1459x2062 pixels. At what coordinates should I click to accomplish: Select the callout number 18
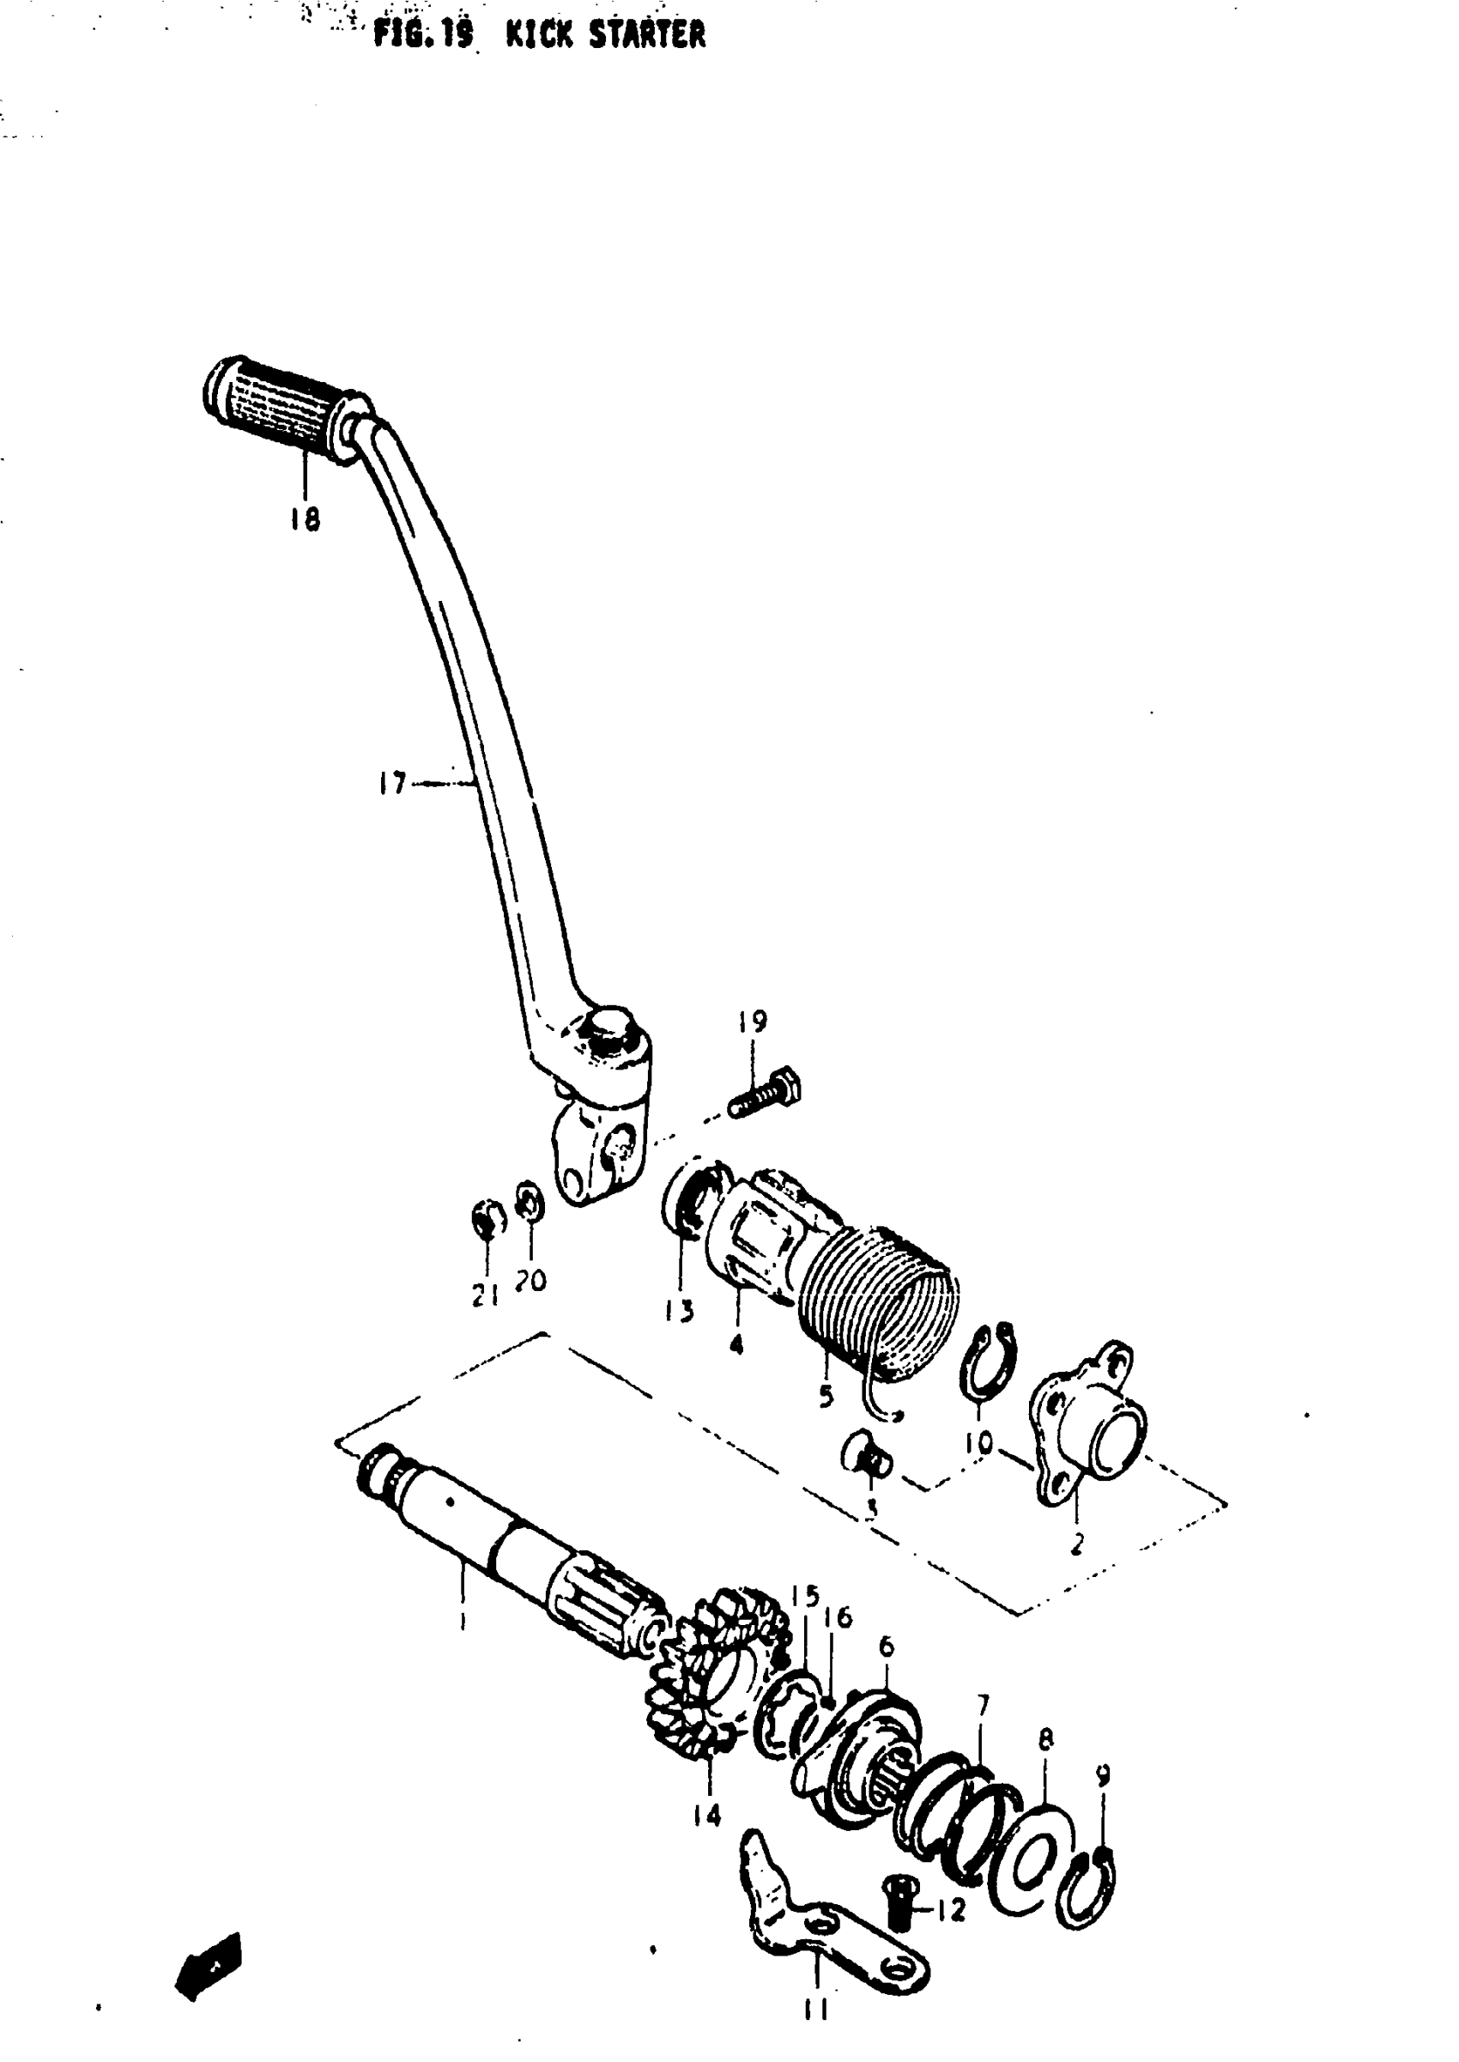[x=306, y=519]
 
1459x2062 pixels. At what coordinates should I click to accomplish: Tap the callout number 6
[x=887, y=1647]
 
